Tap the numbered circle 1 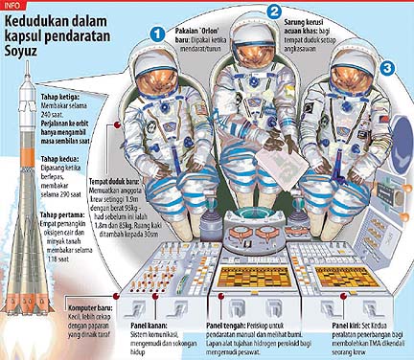point(157,34)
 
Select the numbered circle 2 point(275,11)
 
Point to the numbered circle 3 point(387,68)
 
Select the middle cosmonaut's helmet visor point(257,59)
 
